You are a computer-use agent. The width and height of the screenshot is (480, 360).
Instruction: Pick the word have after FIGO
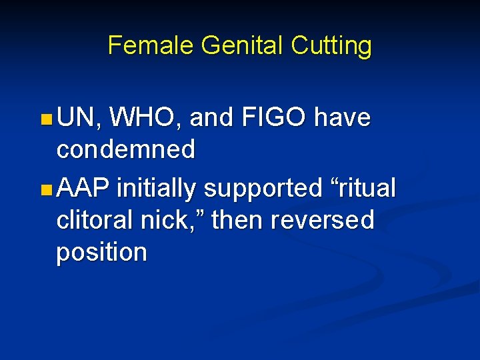point(343,118)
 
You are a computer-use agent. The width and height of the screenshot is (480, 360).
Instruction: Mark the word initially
point(156,189)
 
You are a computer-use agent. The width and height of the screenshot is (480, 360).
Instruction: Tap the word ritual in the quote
point(363,188)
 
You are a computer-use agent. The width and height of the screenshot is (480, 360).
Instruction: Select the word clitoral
point(99,219)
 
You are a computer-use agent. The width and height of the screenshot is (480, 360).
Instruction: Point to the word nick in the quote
point(177,219)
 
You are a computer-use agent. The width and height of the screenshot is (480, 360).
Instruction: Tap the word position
point(101,253)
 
